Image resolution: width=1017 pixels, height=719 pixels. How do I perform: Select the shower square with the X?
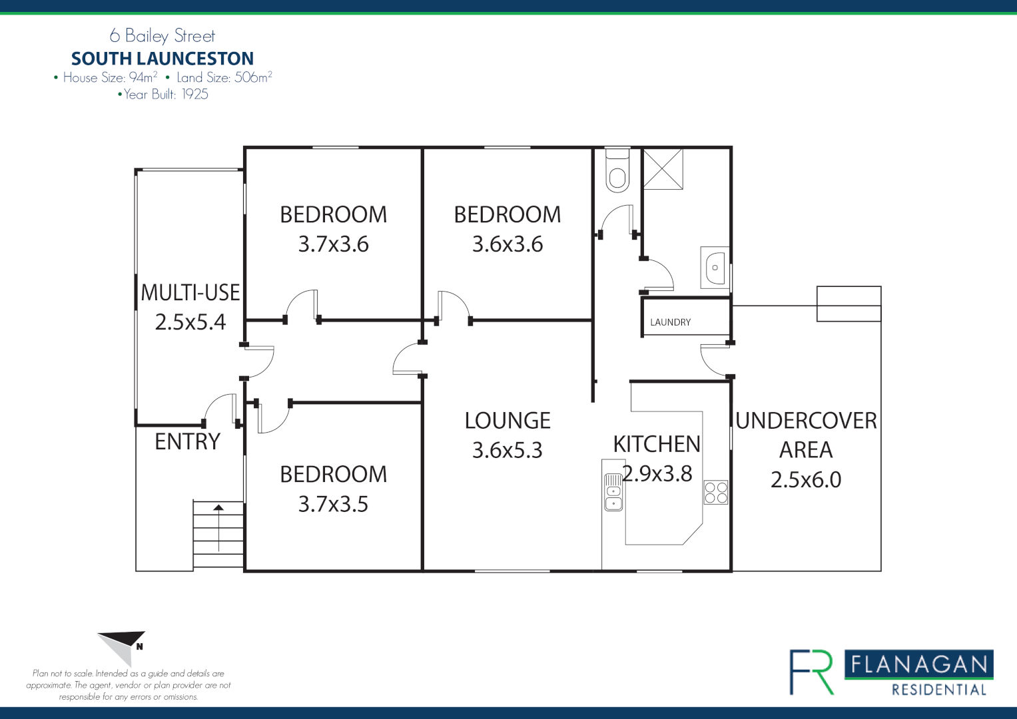[x=663, y=169]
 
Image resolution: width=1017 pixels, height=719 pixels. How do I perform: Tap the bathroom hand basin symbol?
[x=715, y=267]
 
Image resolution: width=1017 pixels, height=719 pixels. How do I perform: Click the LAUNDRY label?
[x=670, y=322]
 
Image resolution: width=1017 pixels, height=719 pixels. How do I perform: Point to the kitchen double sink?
[x=613, y=492]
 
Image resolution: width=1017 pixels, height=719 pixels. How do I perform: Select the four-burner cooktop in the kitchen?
[x=716, y=492]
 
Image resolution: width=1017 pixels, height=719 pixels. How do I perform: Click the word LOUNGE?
[x=508, y=421]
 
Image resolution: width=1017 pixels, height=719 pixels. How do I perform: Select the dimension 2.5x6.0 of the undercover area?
[x=806, y=479]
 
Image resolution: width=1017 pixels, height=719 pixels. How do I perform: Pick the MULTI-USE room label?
[x=190, y=293]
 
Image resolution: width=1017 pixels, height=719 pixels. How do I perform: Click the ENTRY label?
[x=187, y=441]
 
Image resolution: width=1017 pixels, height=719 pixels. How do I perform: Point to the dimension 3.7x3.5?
[x=333, y=504]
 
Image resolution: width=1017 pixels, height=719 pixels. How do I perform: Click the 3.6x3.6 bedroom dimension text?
[x=508, y=244]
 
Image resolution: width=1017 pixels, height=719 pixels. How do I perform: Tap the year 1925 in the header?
[x=195, y=95]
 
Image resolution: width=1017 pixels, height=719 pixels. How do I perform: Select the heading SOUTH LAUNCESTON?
[x=163, y=59]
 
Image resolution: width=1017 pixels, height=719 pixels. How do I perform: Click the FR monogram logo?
[x=812, y=672]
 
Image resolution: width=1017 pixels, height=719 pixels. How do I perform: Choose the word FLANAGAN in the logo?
[x=919, y=664]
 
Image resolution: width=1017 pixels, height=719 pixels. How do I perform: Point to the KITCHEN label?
[x=657, y=444]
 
